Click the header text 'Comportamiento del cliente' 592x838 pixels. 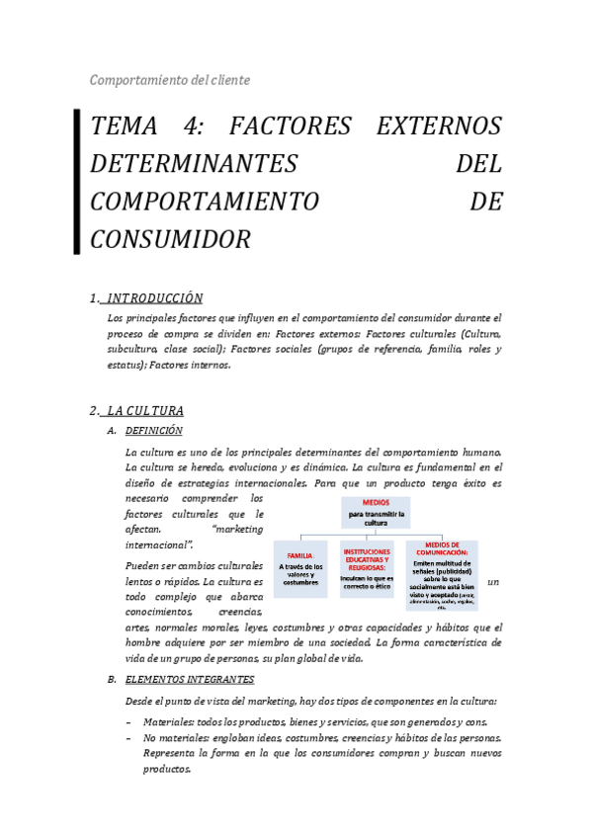point(170,80)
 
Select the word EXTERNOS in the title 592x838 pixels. point(439,126)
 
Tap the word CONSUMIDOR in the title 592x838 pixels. point(170,239)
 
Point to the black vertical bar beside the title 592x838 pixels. point(77,183)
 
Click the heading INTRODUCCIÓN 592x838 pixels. point(154,297)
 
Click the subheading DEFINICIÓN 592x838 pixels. point(153,431)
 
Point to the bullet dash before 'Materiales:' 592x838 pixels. point(128,721)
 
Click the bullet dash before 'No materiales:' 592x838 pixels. point(128,738)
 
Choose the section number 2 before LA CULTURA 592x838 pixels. point(92,410)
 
